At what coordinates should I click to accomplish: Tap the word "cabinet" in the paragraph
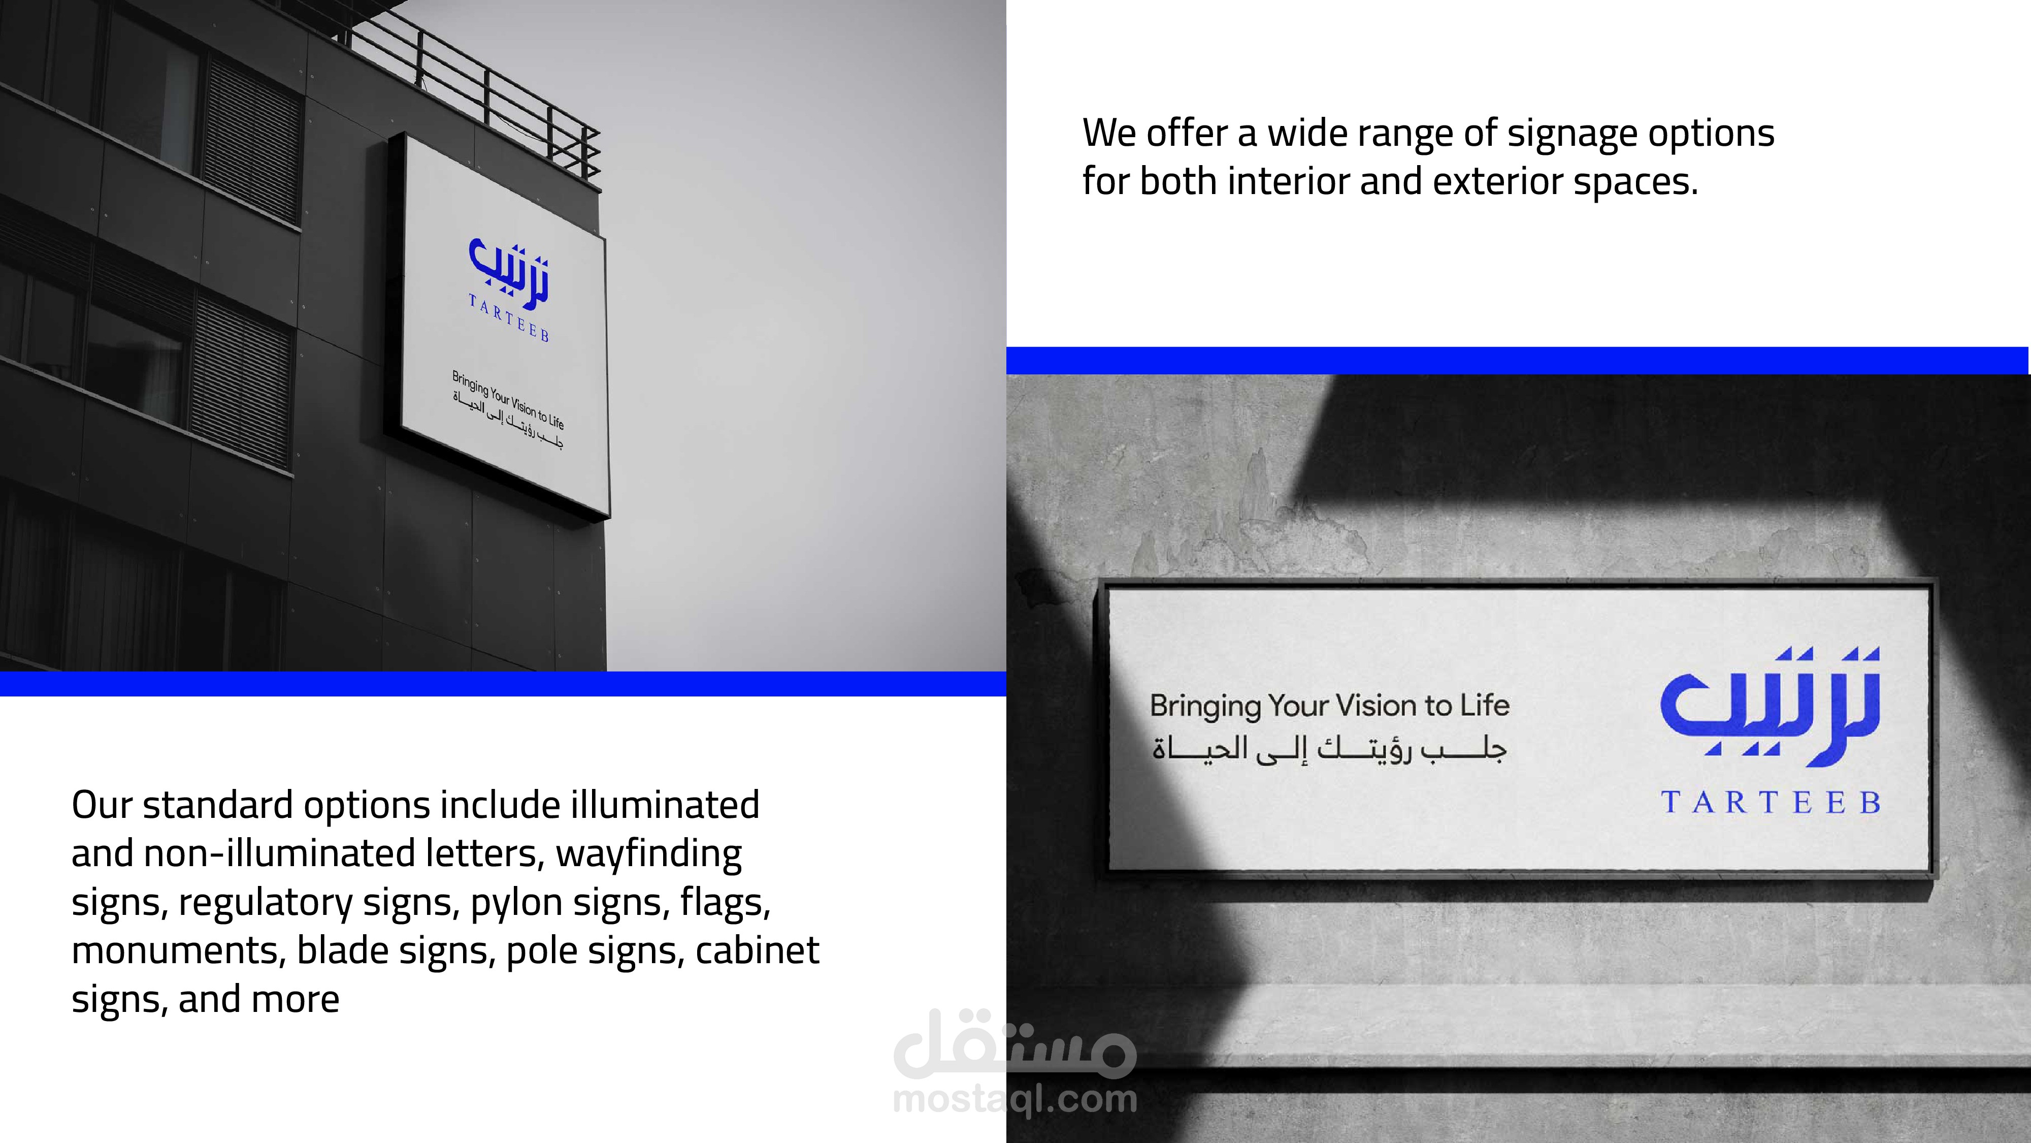pos(758,950)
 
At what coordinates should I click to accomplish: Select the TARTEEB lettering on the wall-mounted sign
pos(1771,803)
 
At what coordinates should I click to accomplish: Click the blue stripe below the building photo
pos(503,684)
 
